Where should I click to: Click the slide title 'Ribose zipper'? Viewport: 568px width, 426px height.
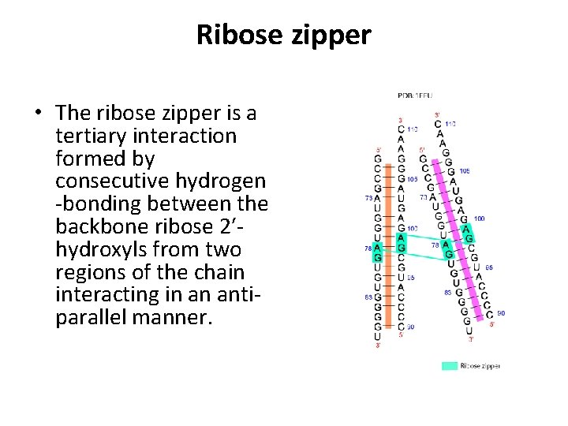coord(283,35)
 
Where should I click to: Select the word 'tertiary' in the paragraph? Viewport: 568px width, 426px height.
coord(88,136)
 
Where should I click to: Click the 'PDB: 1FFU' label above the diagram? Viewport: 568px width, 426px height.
coord(414,96)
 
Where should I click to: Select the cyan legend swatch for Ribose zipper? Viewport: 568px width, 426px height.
coord(448,365)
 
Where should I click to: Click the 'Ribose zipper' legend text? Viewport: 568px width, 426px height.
coord(480,365)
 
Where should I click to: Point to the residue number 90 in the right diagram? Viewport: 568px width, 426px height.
coord(501,313)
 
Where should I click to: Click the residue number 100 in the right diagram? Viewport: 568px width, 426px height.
coord(480,219)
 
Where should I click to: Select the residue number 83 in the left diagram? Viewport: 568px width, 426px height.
coord(368,297)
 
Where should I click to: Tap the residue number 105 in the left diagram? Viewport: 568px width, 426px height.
coord(412,179)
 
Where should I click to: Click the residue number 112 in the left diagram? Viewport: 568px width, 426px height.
coord(413,129)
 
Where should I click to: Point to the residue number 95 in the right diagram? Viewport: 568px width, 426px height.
coord(488,268)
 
